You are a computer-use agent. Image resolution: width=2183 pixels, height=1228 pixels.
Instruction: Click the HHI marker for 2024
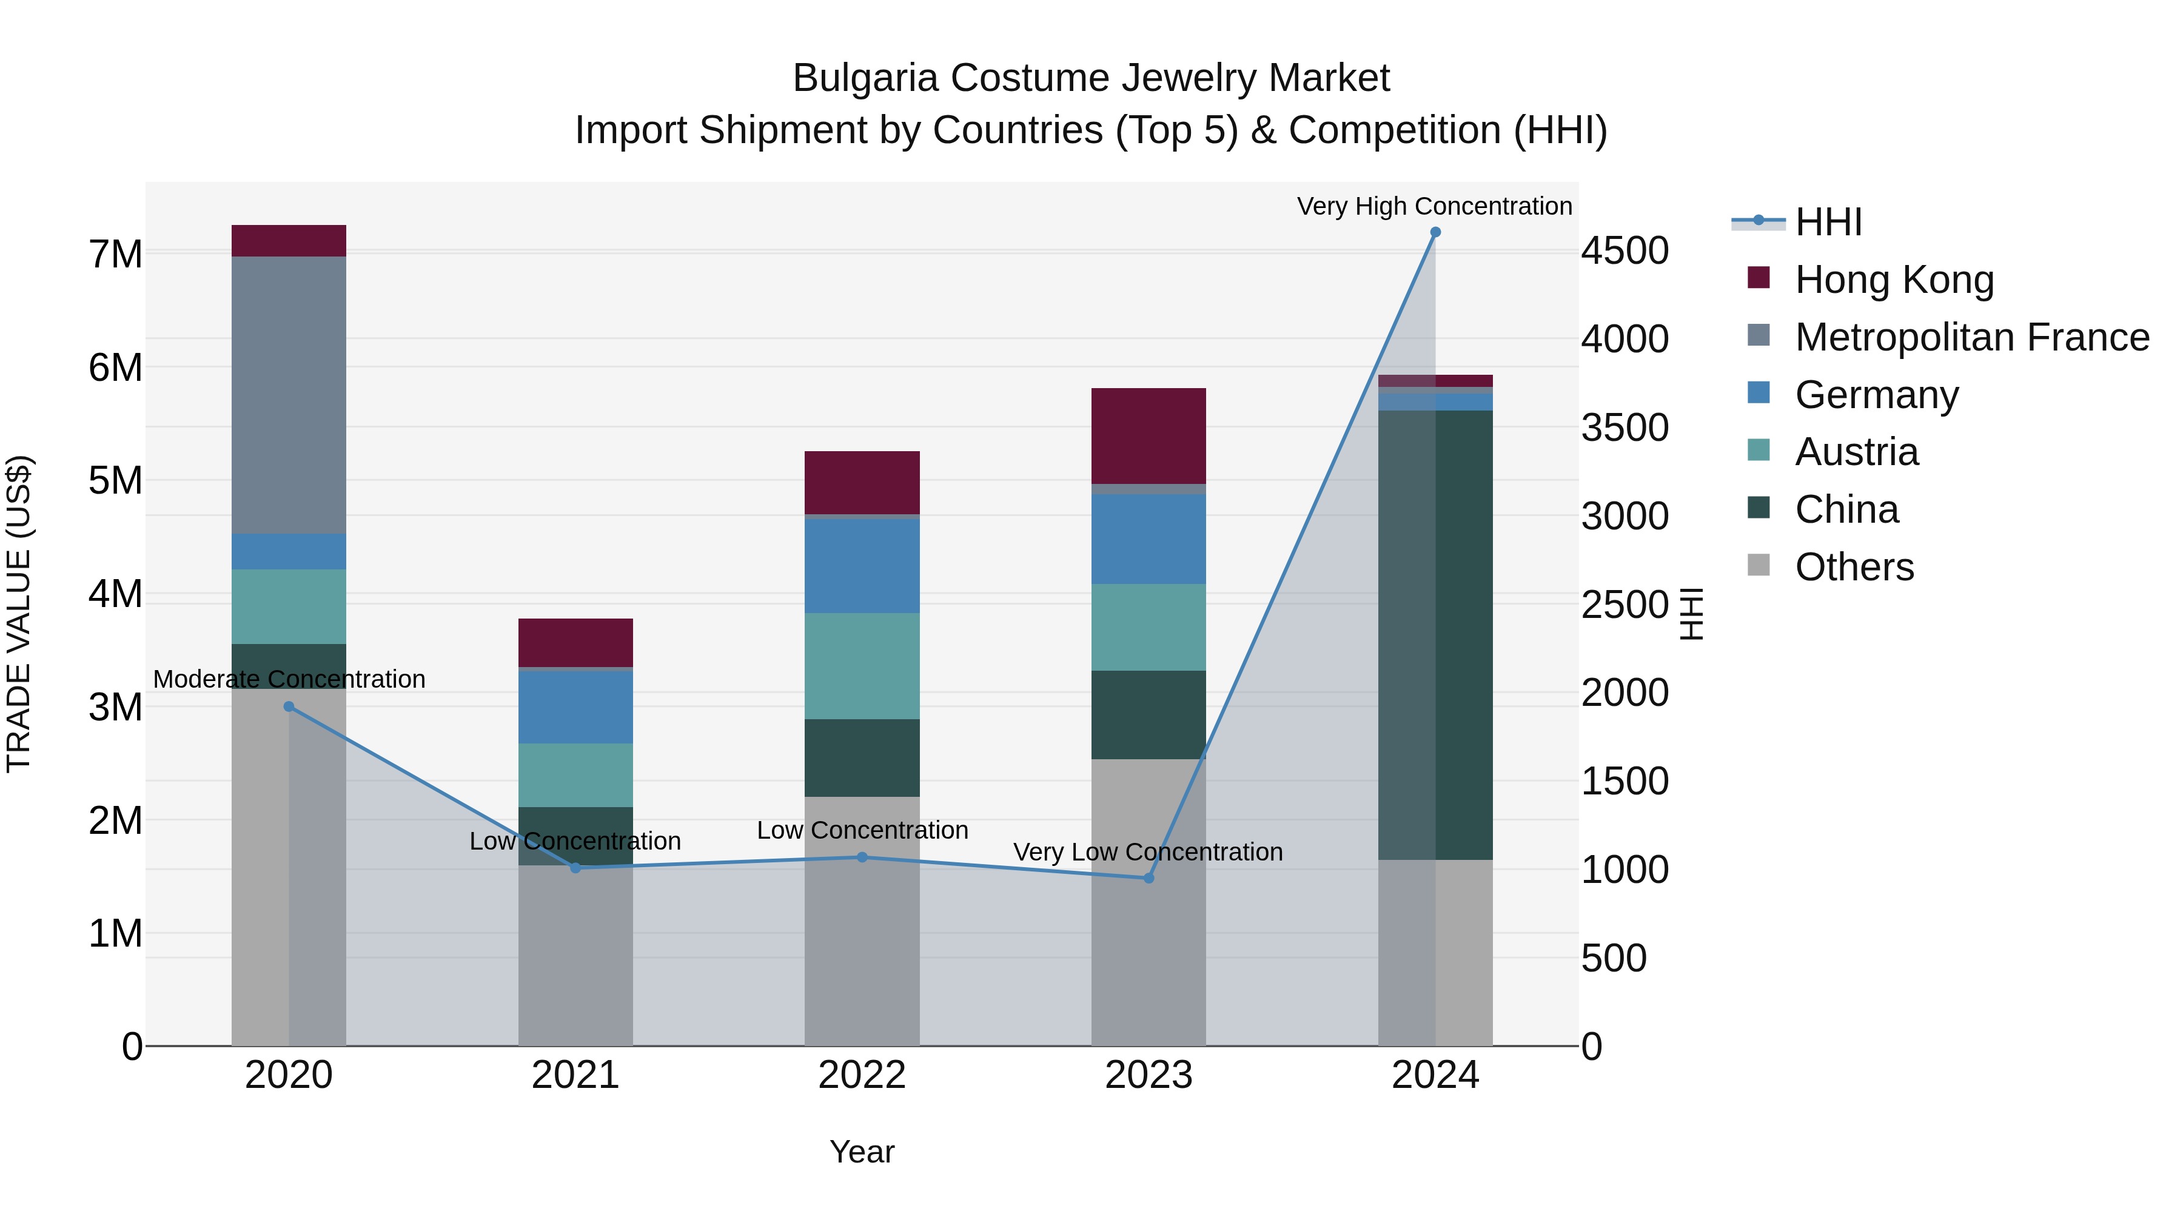pyautogui.click(x=1435, y=232)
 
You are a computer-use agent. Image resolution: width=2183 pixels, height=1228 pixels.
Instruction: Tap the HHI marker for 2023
pyautogui.click(x=1149, y=878)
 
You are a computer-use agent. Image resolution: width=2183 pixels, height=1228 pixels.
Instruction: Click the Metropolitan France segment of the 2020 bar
pyautogui.click(x=289, y=395)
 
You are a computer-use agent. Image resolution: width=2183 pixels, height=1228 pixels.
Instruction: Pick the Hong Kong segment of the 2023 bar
pyautogui.click(x=1149, y=435)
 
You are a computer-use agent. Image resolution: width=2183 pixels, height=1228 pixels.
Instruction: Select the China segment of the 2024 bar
pyautogui.click(x=1435, y=635)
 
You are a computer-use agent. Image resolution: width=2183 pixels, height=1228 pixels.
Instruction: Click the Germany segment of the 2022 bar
pyautogui.click(x=862, y=565)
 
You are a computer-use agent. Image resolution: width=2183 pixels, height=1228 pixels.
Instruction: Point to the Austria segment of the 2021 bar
pyautogui.click(x=575, y=776)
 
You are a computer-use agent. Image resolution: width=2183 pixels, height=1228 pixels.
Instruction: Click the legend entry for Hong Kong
pyautogui.click(x=1894, y=280)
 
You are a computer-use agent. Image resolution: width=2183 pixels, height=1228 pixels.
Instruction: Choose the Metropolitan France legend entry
pyautogui.click(x=1971, y=337)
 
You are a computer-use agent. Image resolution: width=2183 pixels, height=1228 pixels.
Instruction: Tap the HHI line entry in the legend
pyautogui.click(x=1828, y=222)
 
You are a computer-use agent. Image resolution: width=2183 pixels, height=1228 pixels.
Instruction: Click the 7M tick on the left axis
pyautogui.click(x=115, y=254)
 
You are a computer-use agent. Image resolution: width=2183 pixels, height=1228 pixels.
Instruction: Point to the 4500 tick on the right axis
pyautogui.click(x=1625, y=251)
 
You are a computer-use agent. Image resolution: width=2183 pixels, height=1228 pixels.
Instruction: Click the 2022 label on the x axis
pyautogui.click(x=862, y=1075)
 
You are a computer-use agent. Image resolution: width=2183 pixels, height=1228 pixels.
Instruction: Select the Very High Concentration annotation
pyautogui.click(x=1434, y=206)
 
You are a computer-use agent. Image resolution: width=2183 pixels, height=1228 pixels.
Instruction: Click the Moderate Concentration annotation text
pyautogui.click(x=289, y=679)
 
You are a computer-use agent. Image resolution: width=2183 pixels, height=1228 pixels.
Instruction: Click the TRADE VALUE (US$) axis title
pyautogui.click(x=19, y=614)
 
